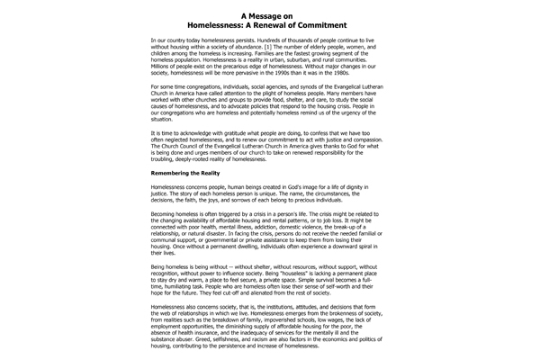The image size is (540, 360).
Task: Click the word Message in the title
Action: pos(274,15)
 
